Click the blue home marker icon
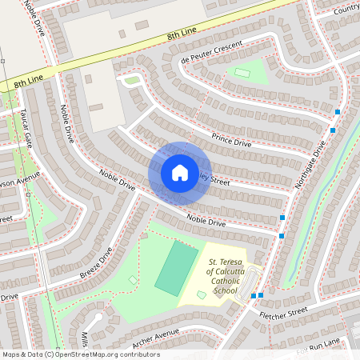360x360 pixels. pyautogui.click(x=180, y=172)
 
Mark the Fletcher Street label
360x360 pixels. pyautogui.click(x=283, y=314)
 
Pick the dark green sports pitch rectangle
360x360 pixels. pyautogui.click(x=176, y=269)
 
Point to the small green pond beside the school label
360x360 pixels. pyautogui.click(x=201, y=295)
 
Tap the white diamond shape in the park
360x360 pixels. pyautogui.click(x=132, y=280)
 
